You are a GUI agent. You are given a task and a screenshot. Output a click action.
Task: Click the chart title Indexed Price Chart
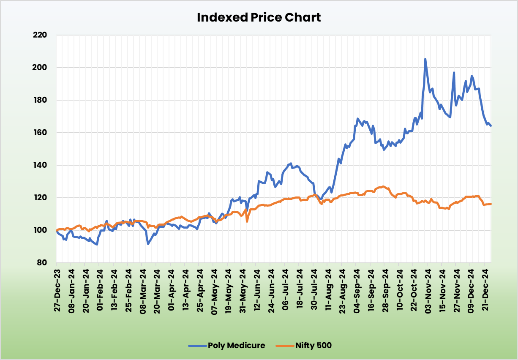click(x=259, y=17)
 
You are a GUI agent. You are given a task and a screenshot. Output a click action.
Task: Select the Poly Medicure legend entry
click(x=236, y=345)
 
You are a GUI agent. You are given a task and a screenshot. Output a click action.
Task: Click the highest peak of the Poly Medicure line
click(x=425, y=59)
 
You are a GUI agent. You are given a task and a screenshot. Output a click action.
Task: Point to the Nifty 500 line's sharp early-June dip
click(x=247, y=221)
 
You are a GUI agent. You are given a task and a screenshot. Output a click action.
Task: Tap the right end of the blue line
click(x=491, y=125)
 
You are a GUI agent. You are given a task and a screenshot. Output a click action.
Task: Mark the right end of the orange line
click(x=491, y=204)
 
